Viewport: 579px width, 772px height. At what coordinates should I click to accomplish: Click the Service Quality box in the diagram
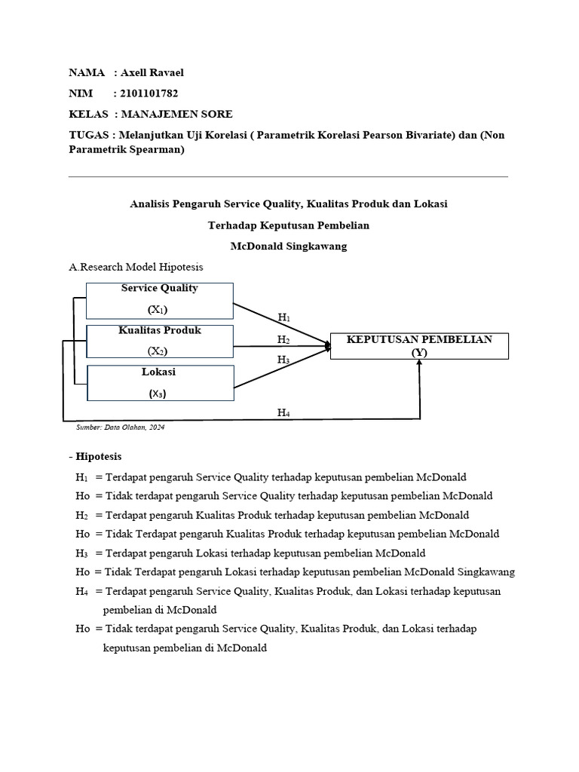coord(160,300)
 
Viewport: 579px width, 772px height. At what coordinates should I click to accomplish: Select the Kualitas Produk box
coord(160,342)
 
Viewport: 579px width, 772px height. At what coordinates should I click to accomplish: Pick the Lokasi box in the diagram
coord(160,383)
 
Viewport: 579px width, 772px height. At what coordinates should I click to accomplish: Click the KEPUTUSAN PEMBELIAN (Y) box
coord(419,346)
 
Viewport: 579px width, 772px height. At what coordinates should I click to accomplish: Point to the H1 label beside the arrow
coord(284,317)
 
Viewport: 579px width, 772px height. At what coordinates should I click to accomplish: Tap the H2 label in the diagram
coord(283,340)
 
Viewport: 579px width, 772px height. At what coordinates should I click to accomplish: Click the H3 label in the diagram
coord(283,360)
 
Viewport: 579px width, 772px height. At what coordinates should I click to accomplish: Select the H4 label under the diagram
coord(283,412)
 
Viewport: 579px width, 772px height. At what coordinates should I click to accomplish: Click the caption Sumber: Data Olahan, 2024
coord(120,427)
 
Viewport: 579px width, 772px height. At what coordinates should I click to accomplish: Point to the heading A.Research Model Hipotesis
coord(136,267)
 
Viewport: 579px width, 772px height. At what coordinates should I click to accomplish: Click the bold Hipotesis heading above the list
coord(98,456)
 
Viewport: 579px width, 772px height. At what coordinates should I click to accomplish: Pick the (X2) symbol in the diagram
coord(158,351)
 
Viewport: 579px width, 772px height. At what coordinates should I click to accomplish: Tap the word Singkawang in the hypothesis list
coord(477,572)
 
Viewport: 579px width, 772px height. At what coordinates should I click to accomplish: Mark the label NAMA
coord(87,72)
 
